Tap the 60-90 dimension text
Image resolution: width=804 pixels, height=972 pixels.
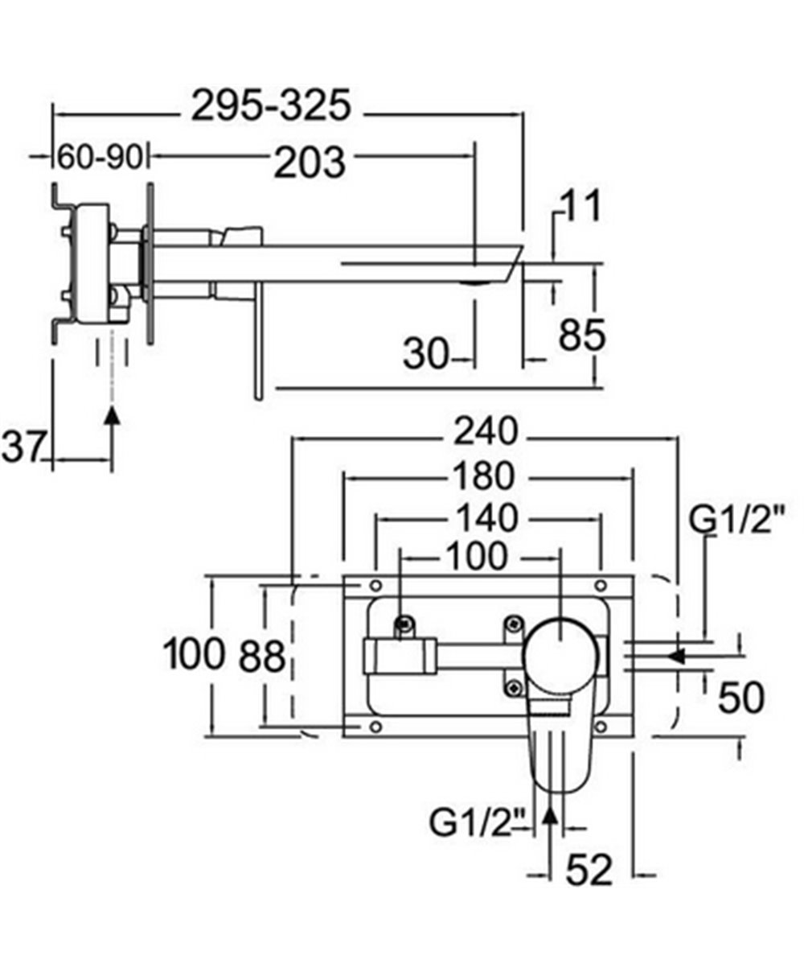click(x=100, y=157)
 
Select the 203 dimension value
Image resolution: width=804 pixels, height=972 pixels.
click(x=310, y=163)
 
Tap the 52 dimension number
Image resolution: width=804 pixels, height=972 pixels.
click(x=589, y=870)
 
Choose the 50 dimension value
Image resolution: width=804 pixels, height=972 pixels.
click(x=740, y=697)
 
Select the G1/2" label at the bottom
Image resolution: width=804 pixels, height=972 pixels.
click(x=479, y=823)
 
